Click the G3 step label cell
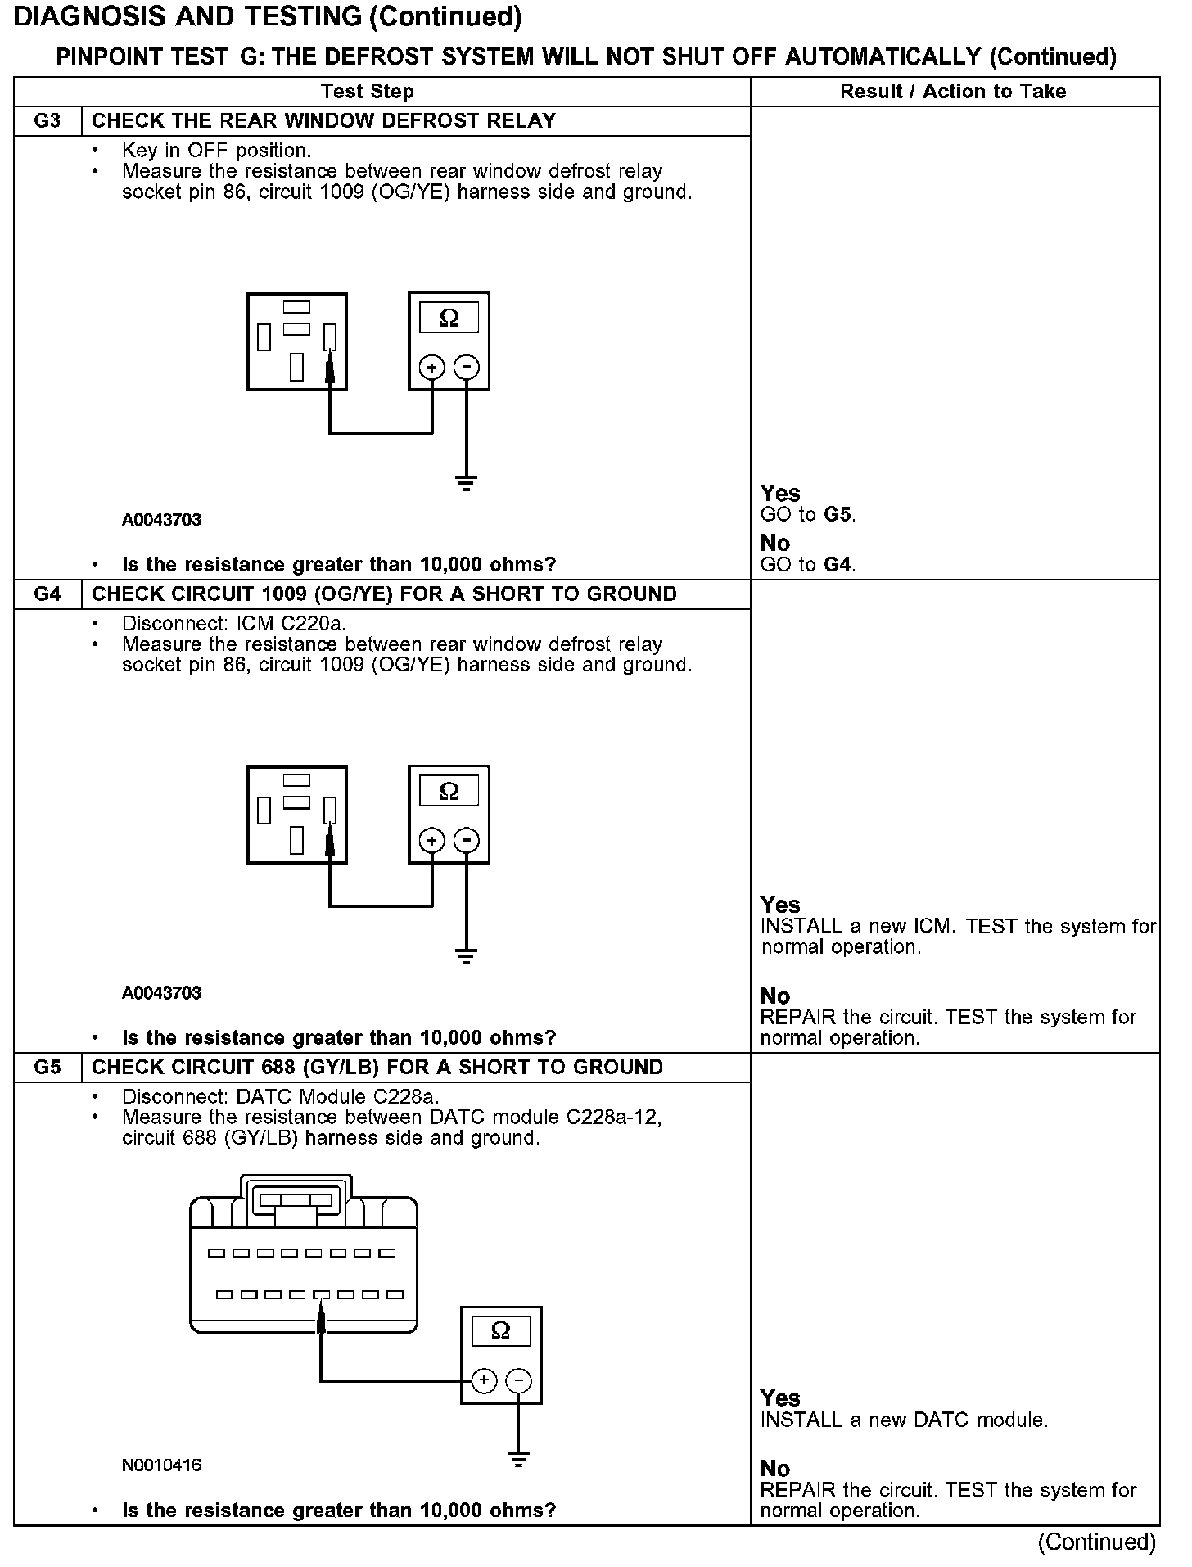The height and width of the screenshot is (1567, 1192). pos(47,121)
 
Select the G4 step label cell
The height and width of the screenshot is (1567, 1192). pos(47,594)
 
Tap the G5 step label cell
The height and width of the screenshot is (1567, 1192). pos(47,1068)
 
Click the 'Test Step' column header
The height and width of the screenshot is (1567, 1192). pos(367,92)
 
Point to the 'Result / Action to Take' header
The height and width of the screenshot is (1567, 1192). pos(953,92)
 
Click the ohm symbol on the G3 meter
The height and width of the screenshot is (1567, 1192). pos(449,318)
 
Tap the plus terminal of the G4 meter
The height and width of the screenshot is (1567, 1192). pos(431,841)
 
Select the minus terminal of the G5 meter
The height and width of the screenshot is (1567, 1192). pos(518,1381)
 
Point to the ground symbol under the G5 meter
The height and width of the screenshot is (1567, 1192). pos(518,1459)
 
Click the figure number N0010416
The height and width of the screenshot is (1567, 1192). pos(161,1465)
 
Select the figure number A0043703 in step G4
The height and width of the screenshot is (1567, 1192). pos(161,993)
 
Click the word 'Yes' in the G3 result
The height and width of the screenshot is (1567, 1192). pos(779,494)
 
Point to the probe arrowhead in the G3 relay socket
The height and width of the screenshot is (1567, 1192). pos(330,370)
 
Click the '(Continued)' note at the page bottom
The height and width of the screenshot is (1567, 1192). pos(1096,1542)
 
